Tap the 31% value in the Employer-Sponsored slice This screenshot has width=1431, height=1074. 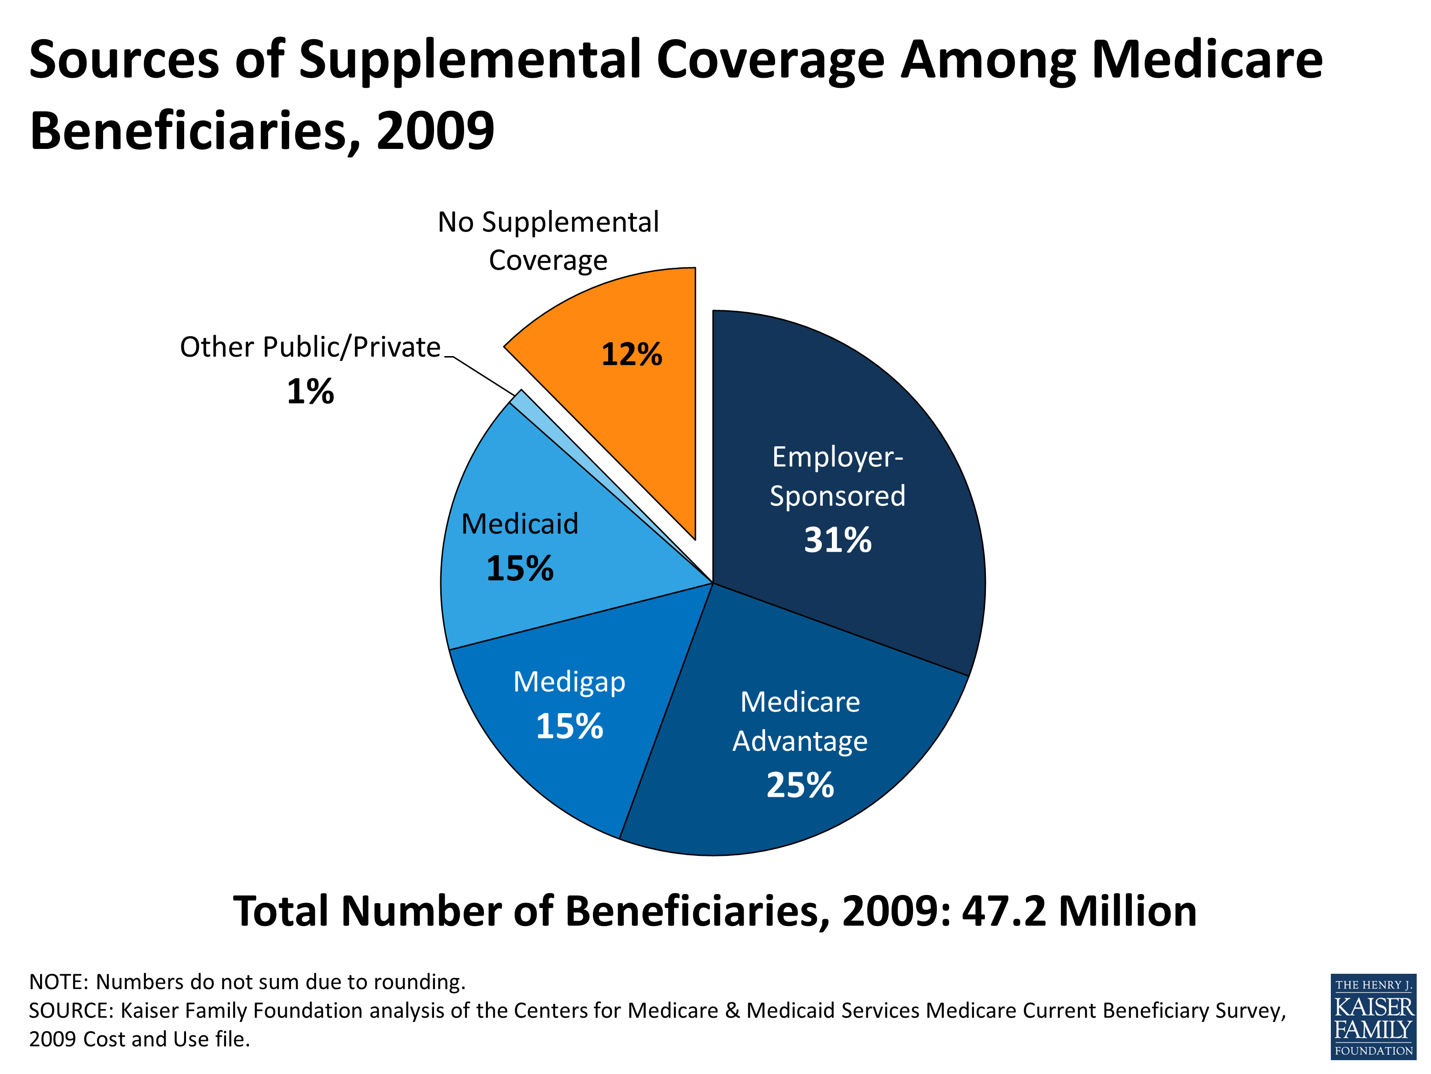click(837, 540)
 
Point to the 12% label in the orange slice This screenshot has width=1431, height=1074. click(632, 354)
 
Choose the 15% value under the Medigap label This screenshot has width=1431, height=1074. click(569, 727)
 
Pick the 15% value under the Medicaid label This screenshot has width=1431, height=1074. click(519, 569)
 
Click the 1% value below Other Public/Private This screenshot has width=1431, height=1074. click(310, 392)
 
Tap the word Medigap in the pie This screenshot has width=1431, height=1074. click(569, 682)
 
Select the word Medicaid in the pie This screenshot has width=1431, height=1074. click(519, 524)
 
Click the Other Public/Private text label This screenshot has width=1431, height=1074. click(310, 347)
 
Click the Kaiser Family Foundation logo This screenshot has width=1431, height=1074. click(1373, 1016)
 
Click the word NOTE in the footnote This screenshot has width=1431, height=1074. click(58, 982)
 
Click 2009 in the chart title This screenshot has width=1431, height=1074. click(435, 131)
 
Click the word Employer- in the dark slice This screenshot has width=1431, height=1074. click(837, 457)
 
